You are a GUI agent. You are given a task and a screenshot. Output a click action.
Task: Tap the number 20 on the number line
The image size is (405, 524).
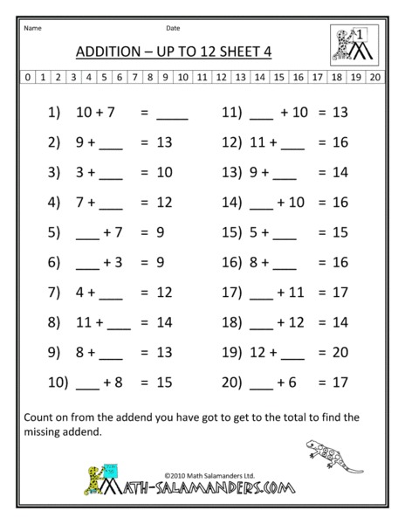374,77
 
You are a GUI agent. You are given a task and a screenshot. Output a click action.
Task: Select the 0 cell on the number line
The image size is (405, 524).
28,77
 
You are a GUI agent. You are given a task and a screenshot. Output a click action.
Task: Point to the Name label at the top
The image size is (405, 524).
32,27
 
